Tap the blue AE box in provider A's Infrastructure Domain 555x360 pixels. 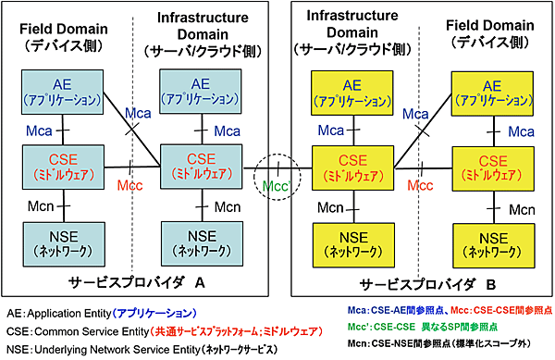[195, 93]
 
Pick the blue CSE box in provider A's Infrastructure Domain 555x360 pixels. [195, 167]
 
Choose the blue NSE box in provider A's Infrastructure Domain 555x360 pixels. [195, 241]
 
